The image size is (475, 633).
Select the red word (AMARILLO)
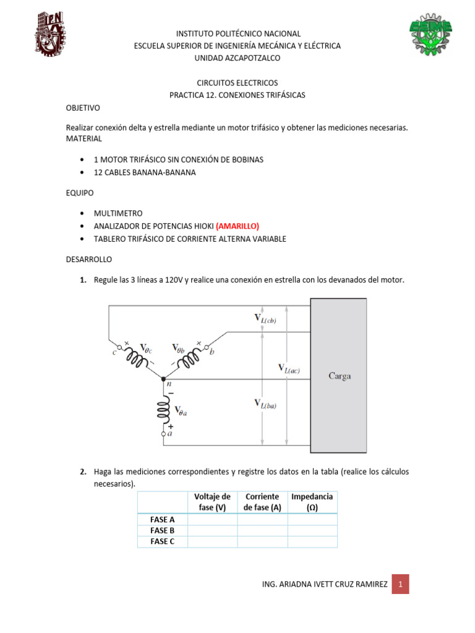coord(225,226)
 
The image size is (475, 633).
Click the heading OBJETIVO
coord(83,108)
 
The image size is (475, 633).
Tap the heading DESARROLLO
coord(89,260)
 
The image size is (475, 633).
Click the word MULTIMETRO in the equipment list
coord(118,213)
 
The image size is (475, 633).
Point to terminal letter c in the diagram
coord(114,353)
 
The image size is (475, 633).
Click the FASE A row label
coord(163,519)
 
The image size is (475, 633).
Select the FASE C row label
coord(163,542)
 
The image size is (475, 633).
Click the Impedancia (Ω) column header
coord(312,502)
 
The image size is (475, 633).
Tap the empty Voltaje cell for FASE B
coord(212,530)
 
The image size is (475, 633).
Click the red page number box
coord(400,584)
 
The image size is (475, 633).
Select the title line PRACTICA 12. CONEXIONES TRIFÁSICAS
coord(237,95)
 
